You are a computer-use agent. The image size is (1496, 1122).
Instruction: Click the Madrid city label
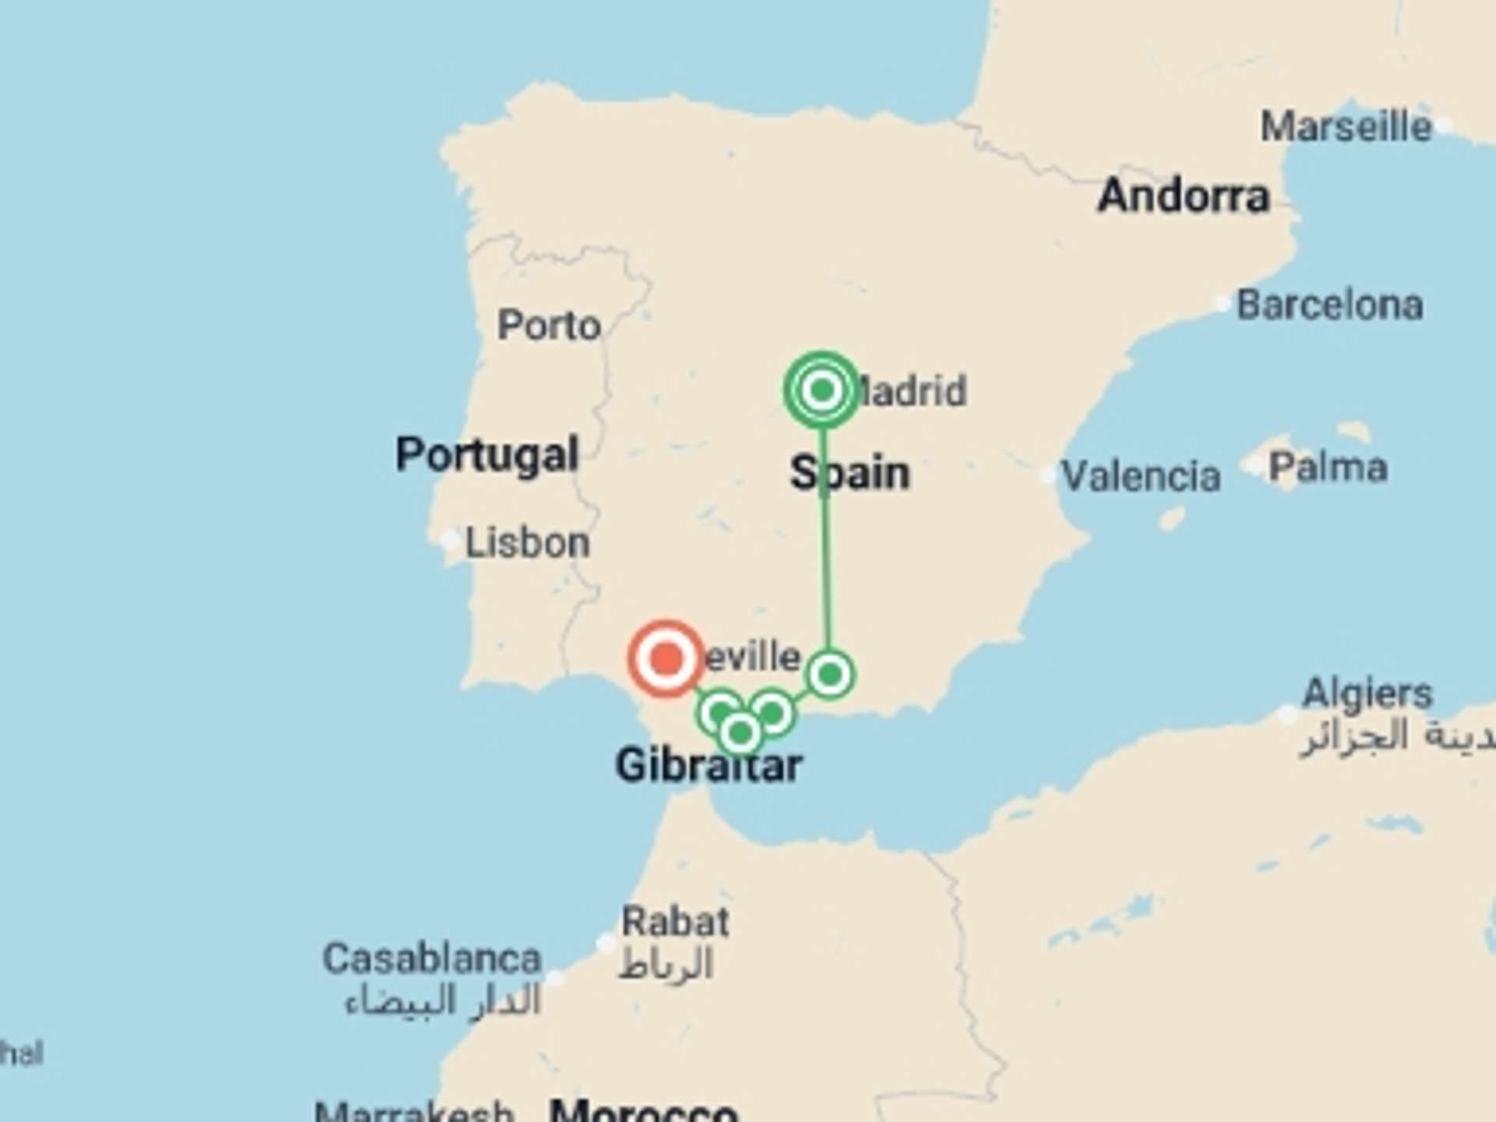(x=912, y=390)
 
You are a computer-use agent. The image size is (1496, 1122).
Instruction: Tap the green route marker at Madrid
(x=822, y=390)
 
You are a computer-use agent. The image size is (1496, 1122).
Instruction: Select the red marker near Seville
(x=666, y=658)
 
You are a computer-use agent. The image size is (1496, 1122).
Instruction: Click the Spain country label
(x=850, y=473)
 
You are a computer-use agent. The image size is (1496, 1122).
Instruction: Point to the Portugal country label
(x=487, y=454)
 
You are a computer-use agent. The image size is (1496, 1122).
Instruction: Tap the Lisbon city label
(x=527, y=542)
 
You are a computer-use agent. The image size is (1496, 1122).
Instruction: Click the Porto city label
(x=549, y=325)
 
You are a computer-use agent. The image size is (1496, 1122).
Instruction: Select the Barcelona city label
(x=1329, y=305)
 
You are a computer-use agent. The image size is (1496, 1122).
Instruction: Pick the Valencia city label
(x=1141, y=475)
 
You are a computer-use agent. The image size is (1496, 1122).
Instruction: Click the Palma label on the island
(x=1328, y=467)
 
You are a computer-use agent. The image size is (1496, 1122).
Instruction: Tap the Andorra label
(x=1184, y=195)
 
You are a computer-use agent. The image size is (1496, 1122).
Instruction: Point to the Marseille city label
(x=1346, y=126)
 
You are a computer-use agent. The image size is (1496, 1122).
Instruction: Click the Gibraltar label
(x=708, y=765)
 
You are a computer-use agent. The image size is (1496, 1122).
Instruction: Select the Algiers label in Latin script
(x=1367, y=693)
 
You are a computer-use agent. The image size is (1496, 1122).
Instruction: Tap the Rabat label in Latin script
(x=675, y=923)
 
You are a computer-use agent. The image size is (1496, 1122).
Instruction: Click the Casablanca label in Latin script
(x=432, y=958)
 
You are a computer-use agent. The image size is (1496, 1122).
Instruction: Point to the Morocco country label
(x=643, y=1110)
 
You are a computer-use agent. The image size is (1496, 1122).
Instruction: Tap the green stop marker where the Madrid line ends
(x=831, y=674)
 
